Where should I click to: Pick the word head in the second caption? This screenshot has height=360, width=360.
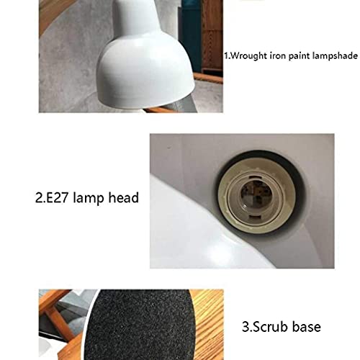point(121,197)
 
